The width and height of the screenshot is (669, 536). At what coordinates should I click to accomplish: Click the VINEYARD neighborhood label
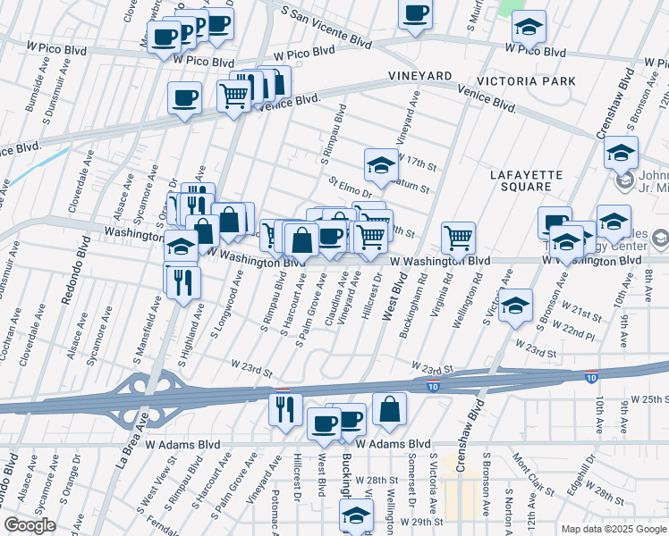419,77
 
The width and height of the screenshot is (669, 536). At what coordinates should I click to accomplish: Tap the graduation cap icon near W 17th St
380,163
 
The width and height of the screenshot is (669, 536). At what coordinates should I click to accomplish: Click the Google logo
29,525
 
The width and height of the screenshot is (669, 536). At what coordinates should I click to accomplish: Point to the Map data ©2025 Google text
614,529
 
